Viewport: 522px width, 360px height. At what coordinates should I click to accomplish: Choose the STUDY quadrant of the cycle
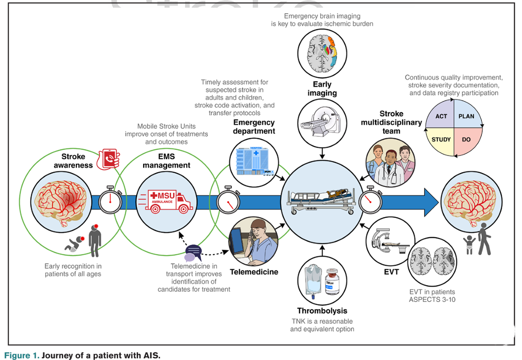441,140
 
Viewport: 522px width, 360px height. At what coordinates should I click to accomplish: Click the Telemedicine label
254,272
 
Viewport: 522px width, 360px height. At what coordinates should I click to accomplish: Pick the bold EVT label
391,272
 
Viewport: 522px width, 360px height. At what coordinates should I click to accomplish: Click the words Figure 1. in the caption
22,355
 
